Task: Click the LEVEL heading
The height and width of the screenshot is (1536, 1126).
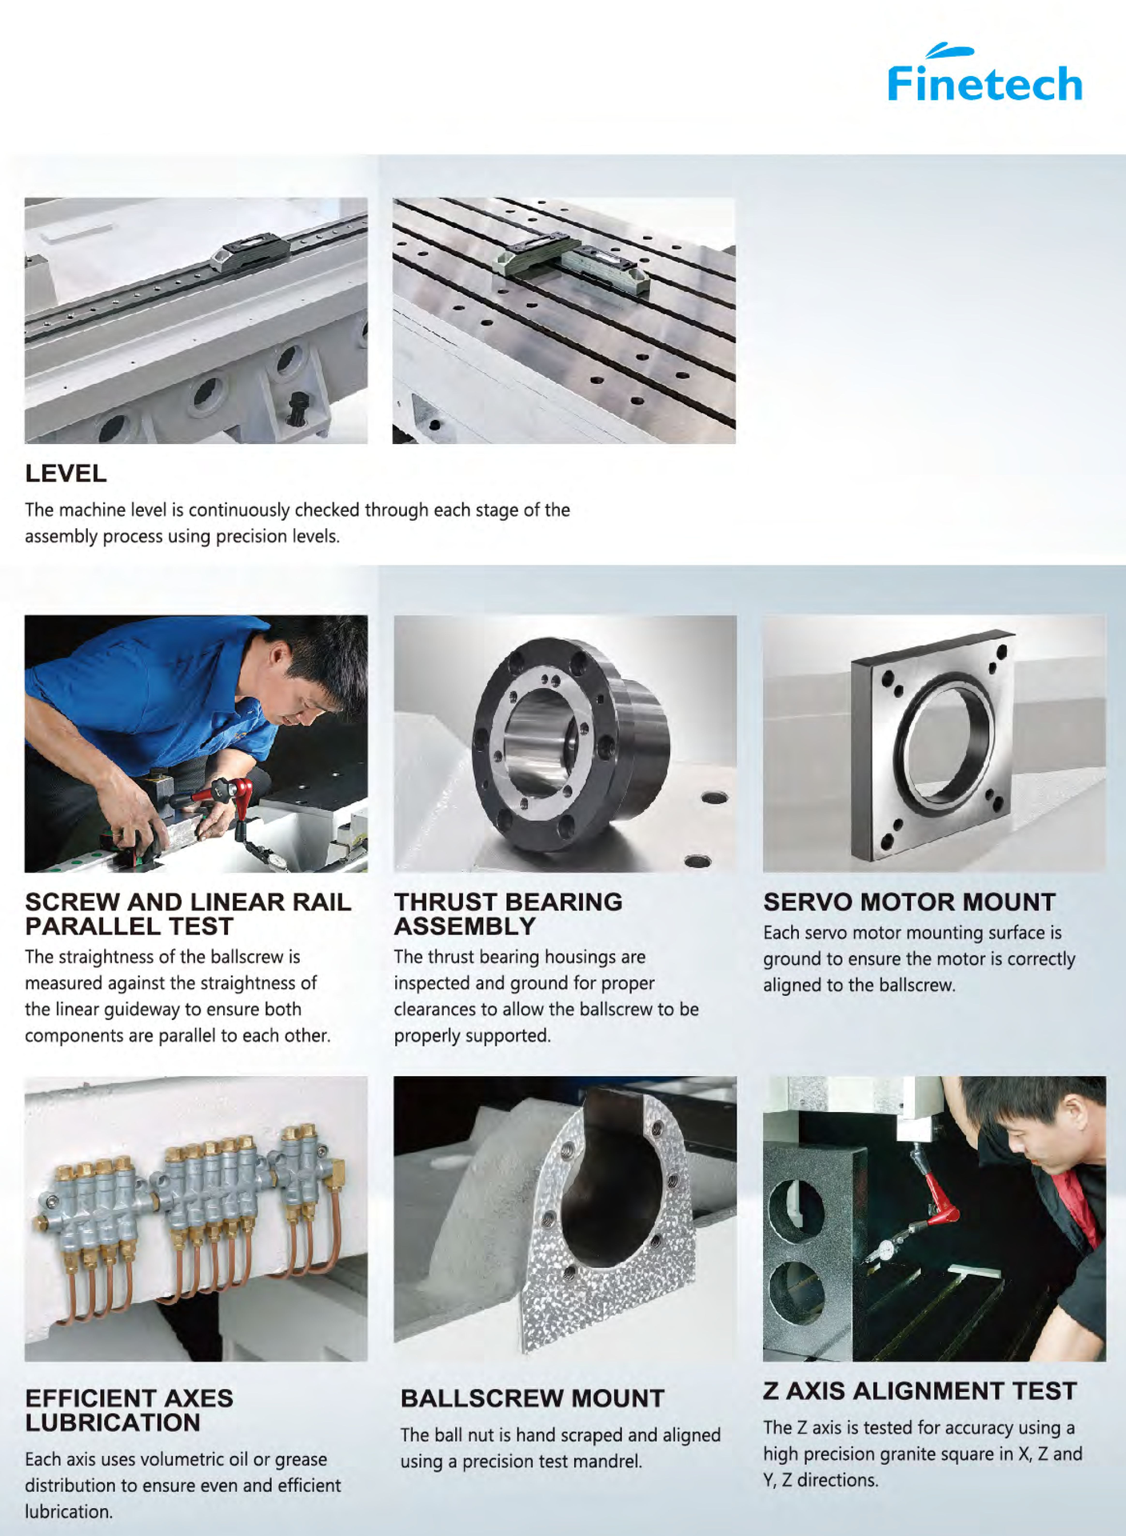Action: (66, 473)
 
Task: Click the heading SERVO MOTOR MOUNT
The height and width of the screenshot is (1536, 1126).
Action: (909, 902)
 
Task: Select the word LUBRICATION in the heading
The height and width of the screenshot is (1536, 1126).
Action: (113, 1422)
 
